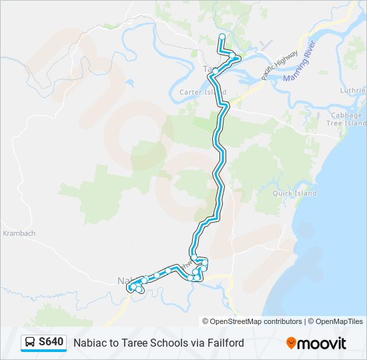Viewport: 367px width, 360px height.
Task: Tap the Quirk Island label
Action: click(x=294, y=193)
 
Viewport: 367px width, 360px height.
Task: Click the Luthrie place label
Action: click(x=353, y=91)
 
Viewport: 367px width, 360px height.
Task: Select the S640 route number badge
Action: click(x=51, y=343)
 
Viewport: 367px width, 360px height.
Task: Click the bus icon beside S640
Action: click(x=31, y=343)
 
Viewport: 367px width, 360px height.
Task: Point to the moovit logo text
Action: click(x=322, y=343)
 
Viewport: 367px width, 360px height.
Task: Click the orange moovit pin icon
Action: click(x=291, y=343)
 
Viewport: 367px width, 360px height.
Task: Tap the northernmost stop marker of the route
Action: click(x=222, y=37)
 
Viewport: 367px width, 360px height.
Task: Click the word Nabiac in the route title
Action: click(x=89, y=343)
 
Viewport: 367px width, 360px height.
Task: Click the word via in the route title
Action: click(x=197, y=343)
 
